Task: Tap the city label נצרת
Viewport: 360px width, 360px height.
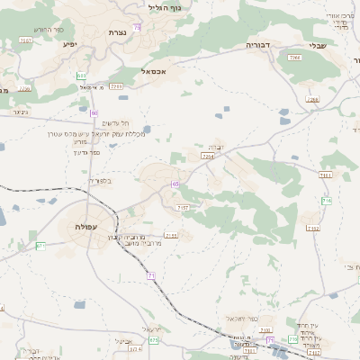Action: [x=117, y=32]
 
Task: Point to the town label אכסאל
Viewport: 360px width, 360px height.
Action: [x=154, y=68]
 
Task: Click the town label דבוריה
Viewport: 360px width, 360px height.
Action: [x=260, y=43]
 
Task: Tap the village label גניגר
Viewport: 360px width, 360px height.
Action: [x=20, y=112]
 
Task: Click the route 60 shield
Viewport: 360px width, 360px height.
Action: [x=94, y=112]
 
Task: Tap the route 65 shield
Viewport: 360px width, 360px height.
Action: [x=175, y=184]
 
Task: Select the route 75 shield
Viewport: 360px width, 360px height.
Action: [x=136, y=27]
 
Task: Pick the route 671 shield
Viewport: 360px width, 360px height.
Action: [x=40, y=246]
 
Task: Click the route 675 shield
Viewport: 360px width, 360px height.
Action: [x=154, y=340]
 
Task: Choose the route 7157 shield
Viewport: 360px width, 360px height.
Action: [x=183, y=208]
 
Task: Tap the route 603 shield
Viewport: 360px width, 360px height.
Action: [x=82, y=75]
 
